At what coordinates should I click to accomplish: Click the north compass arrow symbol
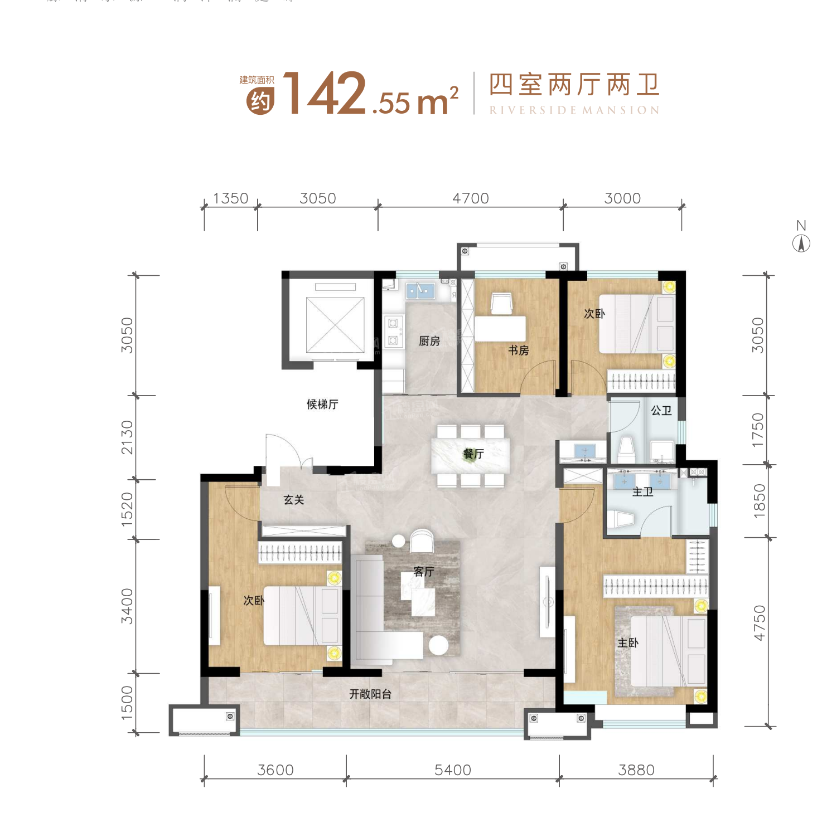click(x=801, y=243)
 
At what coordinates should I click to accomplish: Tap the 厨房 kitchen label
click(x=429, y=341)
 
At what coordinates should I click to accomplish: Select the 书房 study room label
click(x=518, y=350)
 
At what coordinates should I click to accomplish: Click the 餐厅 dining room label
click(x=473, y=454)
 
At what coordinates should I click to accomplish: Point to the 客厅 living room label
click(x=423, y=572)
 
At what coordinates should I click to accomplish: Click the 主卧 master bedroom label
click(x=627, y=642)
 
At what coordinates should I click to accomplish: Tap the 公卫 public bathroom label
click(x=661, y=411)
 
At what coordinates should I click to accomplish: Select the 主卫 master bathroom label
click(x=642, y=491)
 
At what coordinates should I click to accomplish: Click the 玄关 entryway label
click(x=293, y=500)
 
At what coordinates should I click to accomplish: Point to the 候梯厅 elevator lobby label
click(x=322, y=404)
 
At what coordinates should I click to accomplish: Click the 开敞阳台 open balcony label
click(x=370, y=694)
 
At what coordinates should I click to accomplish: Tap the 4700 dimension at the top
click(x=471, y=198)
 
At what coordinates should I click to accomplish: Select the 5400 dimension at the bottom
click(x=453, y=770)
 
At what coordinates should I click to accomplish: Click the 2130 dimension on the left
click(x=128, y=437)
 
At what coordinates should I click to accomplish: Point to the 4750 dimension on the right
click(x=759, y=623)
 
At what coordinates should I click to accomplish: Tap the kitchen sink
click(x=420, y=290)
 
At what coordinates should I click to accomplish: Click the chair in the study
click(x=501, y=303)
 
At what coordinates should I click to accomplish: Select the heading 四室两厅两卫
click(x=574, y=85)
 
